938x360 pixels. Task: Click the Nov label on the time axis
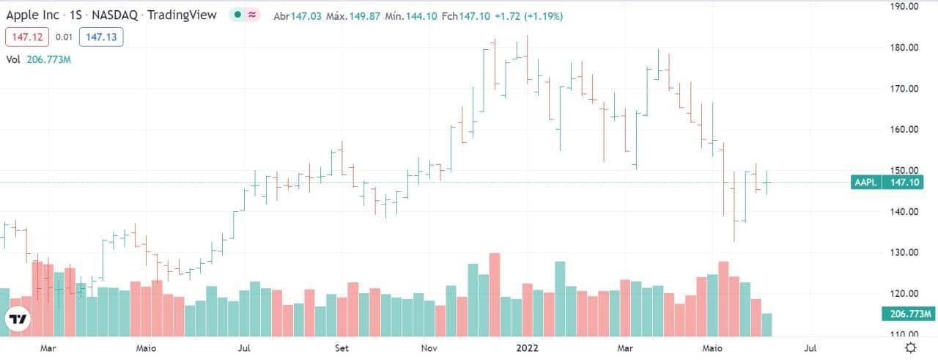click(430, 348)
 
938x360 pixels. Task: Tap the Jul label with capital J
click(246, 348)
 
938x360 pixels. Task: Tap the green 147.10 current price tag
click(906, 183)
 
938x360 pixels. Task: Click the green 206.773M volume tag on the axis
click(909, 315)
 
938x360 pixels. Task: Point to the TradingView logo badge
click(18, 319)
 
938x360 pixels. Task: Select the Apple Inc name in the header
click(33, 15)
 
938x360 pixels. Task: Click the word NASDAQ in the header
click(114, 15)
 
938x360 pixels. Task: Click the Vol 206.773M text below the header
click(38, 59)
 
